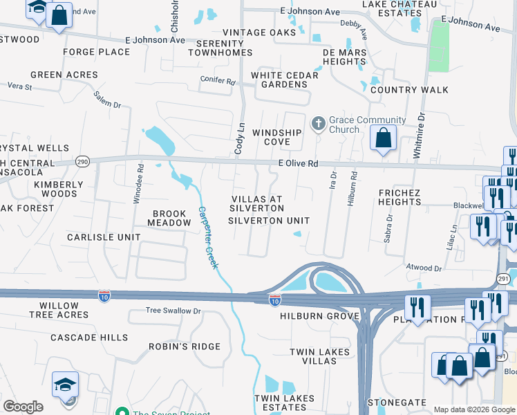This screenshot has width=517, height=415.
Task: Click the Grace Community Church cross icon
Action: point(318,124)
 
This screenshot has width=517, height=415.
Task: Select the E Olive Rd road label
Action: point(298,164)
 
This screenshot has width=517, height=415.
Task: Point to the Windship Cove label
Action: point(276,137)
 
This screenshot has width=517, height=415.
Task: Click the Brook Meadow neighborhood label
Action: point(169,219)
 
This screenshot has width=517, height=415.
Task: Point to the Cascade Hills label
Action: point(89,338)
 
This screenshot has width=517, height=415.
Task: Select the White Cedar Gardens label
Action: point(284,80)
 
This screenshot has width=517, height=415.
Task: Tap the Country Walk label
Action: point(409,90)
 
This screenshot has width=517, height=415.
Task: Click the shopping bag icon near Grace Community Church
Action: point(383,138)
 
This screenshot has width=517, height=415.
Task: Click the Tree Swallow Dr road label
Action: point(173,311)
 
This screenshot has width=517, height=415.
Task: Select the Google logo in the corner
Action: point(23,407)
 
